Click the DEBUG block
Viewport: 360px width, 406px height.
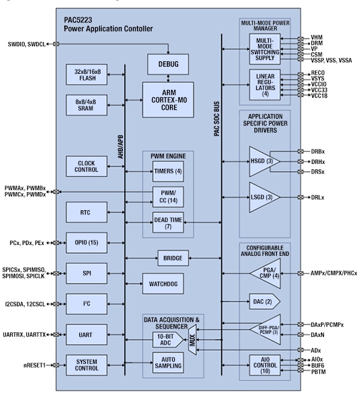point(167,63)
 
